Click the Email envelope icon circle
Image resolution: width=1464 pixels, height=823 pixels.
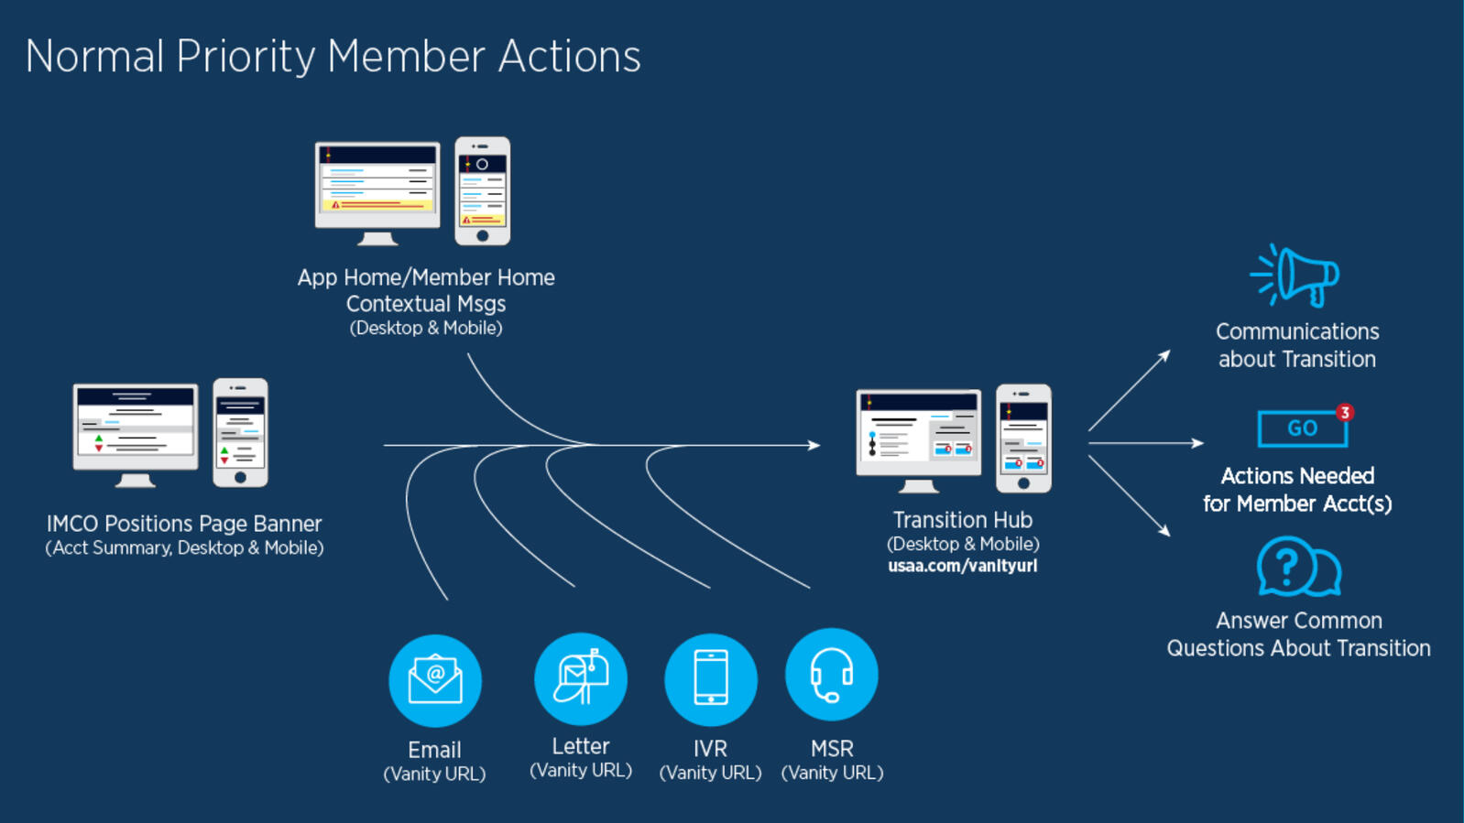(435, 680)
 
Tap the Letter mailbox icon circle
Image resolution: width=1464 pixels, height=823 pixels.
(580, 678)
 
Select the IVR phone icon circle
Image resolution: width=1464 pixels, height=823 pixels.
(711, 679)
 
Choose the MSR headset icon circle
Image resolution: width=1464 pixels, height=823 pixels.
(832, 675)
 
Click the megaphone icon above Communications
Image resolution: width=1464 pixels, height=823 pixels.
(1295, 275)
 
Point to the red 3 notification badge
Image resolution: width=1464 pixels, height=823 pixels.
(1344, 413)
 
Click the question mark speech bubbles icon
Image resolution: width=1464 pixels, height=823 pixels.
(1298, 567)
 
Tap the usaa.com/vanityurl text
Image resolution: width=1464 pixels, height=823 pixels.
(962, 566)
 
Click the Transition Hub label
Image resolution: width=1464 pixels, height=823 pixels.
(962, 520)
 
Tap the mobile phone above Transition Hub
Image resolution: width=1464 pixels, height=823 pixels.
(1023, 439)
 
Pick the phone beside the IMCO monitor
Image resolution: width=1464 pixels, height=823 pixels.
(240, 432)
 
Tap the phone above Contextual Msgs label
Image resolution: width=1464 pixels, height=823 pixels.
(483, 191)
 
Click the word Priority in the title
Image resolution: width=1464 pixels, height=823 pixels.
(246, 57)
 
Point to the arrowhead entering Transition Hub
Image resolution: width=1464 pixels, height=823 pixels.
(814, 446)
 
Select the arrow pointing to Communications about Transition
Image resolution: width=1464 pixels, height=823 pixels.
(1129, 390)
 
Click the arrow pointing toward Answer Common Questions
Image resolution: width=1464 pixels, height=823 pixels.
(1129, 495)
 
